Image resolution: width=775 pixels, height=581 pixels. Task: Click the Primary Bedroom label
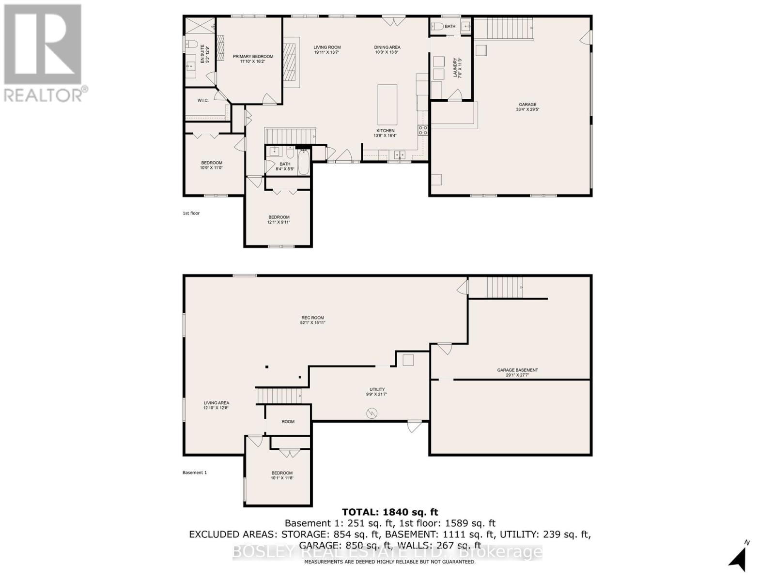coord(253,57)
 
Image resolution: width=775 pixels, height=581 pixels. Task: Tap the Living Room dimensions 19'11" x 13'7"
coord(327,52)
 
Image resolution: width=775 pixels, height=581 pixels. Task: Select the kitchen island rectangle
coord(387,105)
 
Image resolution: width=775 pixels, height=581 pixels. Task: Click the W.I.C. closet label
coord(203,101)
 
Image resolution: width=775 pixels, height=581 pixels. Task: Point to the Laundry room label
coord(454,68)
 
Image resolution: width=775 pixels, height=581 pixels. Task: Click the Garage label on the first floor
coord(527,105)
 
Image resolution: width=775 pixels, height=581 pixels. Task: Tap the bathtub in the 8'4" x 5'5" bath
coord(303,162)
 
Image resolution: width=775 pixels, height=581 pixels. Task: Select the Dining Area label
coord(387,47)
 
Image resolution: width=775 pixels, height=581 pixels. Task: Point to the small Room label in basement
coord(288,422)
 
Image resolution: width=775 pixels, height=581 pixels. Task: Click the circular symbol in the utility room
coord(372,413)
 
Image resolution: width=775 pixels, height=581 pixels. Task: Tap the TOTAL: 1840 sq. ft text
coord(390,512)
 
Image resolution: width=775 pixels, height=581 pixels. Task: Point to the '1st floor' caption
coord(191,213)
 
